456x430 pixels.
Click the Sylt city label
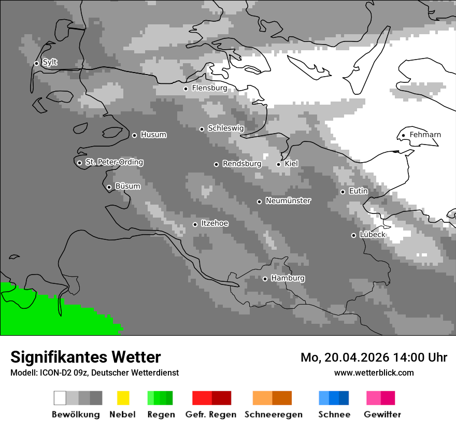(50, 63)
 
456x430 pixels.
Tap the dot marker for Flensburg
(186, 89)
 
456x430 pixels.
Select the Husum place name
(153, 135)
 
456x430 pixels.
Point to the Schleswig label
(225, 128)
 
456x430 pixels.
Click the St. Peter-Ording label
(114, 162)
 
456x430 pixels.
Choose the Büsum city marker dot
(109, 187)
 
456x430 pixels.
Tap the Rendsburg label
(241, 164)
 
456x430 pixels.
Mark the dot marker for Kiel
(278, 164)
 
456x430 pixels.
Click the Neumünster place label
(288, 201)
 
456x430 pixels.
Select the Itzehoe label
(215, 224)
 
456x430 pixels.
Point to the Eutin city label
(358, 191)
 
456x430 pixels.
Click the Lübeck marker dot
(353, 235)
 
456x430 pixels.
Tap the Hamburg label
(288, 278)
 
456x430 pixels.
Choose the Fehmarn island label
(425, 135)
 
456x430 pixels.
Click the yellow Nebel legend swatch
(123, 398)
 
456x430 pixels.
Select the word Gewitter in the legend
(382, 414)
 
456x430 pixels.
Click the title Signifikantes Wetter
(85, 357)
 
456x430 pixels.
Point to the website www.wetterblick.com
(374, 372)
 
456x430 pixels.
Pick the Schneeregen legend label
(273, 414)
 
